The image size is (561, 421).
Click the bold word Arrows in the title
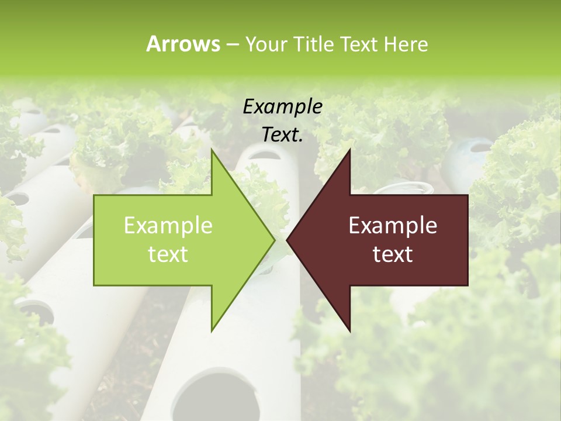[x=183, y=44]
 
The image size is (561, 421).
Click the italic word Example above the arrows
[x=282, y=107]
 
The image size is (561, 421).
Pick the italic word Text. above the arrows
[x=282, y=135]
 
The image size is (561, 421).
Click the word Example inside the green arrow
[x=168, y=226]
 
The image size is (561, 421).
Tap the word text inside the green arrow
[x=168, y=254]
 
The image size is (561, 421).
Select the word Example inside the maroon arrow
[x=393, y=226]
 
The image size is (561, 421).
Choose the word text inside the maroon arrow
[x=393, y=254]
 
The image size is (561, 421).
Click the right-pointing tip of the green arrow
[x=274, y=240]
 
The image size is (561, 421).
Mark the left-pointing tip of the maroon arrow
[x=288, y=240]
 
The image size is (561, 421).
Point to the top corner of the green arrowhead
[x=212, y=150]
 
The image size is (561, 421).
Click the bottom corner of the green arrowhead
[x=212, y=331]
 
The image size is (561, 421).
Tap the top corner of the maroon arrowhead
[x=349, y=150]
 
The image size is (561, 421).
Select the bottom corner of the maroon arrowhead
[x=349, y=331]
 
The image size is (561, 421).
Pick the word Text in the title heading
[x=358, y=44]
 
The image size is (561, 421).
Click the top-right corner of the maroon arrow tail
[x=467, y=195]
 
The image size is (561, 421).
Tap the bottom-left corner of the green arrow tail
[x=95, y=285]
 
